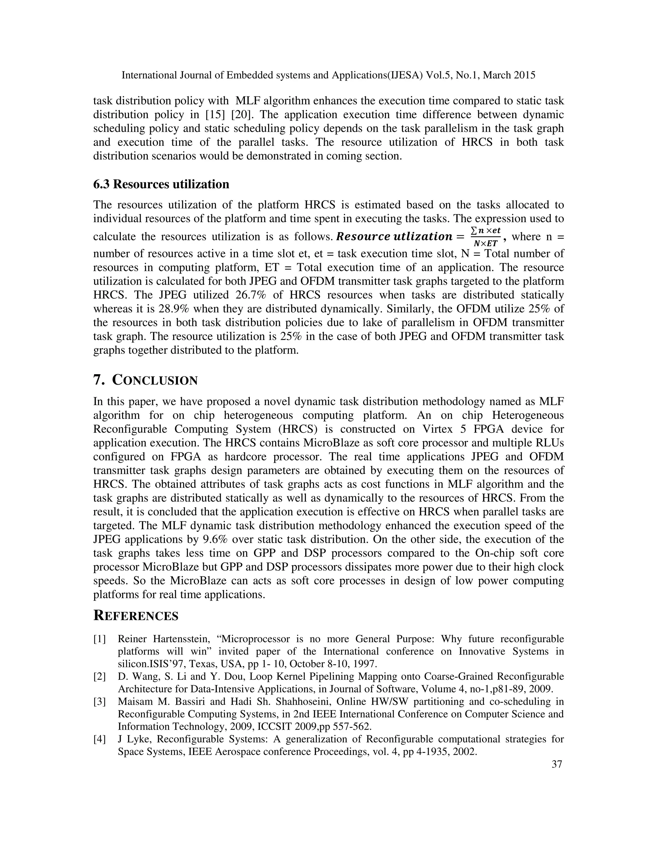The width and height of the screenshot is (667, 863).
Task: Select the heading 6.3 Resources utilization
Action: [x=161, y=184]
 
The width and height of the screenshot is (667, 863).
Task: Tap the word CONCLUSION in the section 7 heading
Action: [x=155, y=380]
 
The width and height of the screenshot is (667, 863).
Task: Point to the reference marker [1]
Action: [x=100, y=639]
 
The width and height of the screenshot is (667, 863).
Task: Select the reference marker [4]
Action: [x=100, y=739]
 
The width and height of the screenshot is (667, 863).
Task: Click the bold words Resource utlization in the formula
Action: [x=393, y=237]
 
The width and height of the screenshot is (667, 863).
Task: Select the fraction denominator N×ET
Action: [x=485, y=243]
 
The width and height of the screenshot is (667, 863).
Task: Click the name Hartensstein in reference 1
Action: [x=175, y=639]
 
